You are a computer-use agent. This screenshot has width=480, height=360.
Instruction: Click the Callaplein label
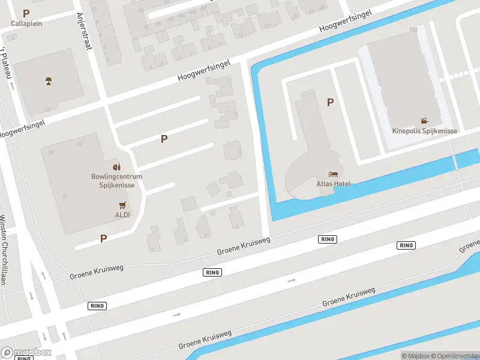(x=26, y=23)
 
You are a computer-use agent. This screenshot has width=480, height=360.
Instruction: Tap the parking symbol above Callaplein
(x=26, y=13)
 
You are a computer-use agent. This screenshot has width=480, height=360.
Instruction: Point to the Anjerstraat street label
(x=83, y=32)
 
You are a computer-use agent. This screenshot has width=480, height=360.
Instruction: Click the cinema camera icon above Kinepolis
(x=425, y=121)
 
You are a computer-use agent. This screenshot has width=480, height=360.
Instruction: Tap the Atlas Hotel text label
(x=333, y=184)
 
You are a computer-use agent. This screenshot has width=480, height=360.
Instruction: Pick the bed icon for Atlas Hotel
(x=333, y=174)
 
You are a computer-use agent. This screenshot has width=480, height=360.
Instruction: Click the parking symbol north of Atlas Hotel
(x=330, y=103)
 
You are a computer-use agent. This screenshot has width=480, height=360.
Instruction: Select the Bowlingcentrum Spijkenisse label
(x=116, y=181)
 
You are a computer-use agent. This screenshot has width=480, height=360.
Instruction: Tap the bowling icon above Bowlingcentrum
(x=117, y=166)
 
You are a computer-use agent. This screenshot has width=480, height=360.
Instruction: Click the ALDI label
(x=122, y=214)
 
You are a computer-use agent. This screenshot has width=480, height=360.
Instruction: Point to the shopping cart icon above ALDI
(x=122, y=205)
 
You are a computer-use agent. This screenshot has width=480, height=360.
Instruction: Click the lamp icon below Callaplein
(x=48, y=80)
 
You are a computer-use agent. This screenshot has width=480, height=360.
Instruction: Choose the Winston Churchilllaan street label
(x=4, y=248)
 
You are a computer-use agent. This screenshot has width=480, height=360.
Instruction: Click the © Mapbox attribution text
(x=415, y=356)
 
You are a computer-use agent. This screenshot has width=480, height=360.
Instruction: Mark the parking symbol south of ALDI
(x=103, y=238)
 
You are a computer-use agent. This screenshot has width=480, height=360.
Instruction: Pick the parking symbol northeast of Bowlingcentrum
(x=164, y=139)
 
